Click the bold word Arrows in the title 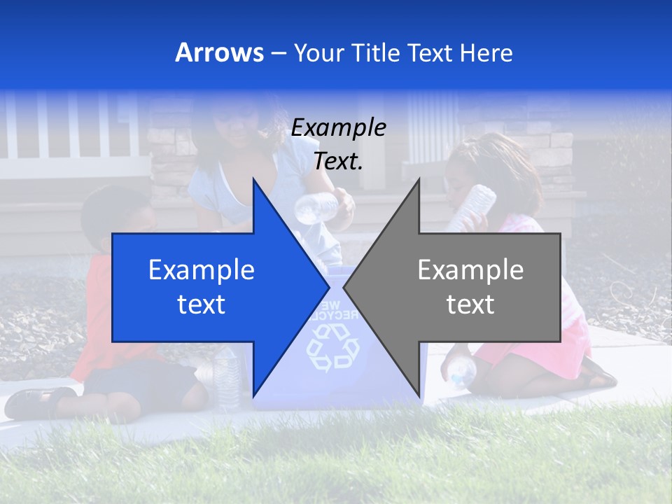[x=220, y=52]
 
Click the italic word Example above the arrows [x=338, y=128]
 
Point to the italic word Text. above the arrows [x=338, y=161]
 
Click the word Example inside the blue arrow [x=202, y=270]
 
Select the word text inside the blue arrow [x=202, y=304]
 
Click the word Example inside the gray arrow [x=470, y=270]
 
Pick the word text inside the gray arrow [x=470, y=304]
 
